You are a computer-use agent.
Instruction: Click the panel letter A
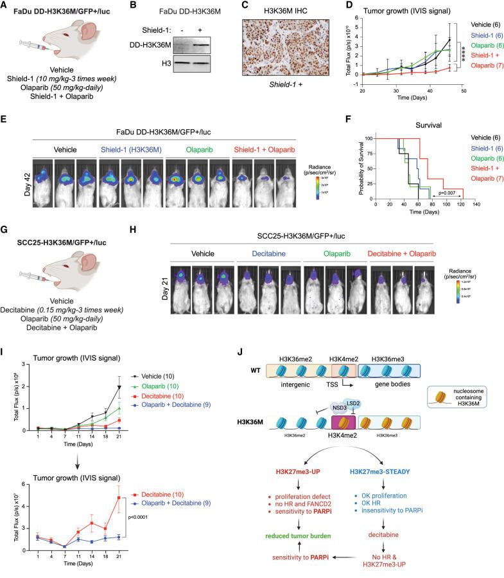click(5, 6)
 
